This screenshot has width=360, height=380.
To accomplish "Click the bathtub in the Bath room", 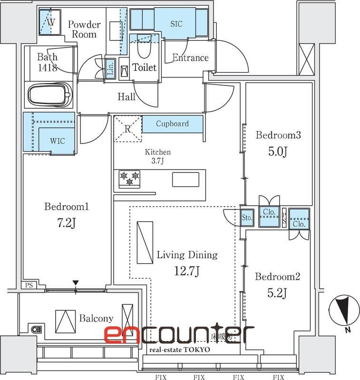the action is (49, 95).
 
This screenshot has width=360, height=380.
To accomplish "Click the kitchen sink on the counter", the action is (185, 180).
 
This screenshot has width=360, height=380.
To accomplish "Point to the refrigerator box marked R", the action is (127, 129).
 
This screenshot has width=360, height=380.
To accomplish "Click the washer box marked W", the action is (51, 22).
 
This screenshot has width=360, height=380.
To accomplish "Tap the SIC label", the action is (176, 24).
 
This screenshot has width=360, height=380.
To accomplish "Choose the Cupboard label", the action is (172, 123).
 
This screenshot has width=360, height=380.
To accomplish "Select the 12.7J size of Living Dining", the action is (186, 271).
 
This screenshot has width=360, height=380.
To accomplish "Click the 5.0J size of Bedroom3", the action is (278, 152).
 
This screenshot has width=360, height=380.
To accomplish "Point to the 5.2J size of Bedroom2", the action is (278, 294).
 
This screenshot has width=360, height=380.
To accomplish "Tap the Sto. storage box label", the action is (247, 218).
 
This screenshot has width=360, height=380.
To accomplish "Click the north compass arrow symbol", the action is (342, 309).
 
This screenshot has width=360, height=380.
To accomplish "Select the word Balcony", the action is (96, 318).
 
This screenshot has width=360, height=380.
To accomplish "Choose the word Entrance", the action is (190, 58).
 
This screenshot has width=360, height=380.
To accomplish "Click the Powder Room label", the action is (84, 29).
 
